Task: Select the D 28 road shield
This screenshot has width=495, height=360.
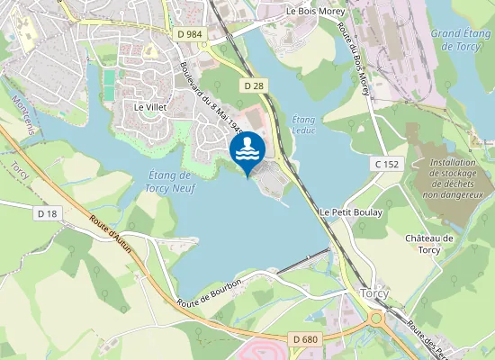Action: [x=254, y=84]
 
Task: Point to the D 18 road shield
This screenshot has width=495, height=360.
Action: [x=48, y=213]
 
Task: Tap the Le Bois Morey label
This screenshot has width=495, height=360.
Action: [x=315, y=11]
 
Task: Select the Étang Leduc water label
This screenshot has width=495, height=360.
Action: [x=304, y=124]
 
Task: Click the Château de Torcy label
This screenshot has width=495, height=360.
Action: [x=428, y=244]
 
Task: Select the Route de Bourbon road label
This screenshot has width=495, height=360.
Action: [x=211, y=295]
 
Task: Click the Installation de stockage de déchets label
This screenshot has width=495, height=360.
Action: [x=453, y=178]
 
